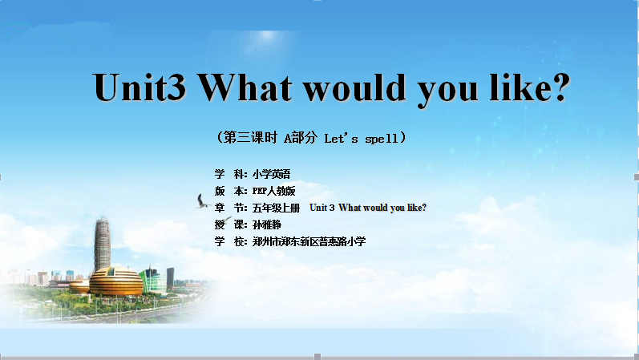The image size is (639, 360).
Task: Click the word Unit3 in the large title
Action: (140, 87)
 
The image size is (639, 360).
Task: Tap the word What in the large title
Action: (245, 87)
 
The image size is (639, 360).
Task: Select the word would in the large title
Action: (355, 87)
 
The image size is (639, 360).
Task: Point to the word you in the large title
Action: (448, 91)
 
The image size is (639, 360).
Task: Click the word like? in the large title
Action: (529, 87)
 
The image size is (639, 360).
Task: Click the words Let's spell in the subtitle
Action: (361, 138)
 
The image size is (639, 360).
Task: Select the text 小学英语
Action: (272, 174)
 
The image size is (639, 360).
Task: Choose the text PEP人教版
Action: (274, 191)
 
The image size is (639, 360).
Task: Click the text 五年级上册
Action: (276, 208)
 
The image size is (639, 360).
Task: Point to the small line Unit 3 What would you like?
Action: (368, 208)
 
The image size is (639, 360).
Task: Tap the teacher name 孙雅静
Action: (267, 224)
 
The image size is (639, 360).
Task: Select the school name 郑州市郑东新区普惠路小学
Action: (309, 241)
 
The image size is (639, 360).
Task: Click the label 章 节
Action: (231, 208)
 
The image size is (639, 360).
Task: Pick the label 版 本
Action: (231, 191)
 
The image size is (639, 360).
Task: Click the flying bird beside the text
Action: (202, 201)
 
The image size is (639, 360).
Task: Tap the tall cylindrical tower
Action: (103, 244)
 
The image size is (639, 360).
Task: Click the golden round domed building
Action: (115, 281)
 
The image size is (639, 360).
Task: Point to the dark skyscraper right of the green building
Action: (170, 277)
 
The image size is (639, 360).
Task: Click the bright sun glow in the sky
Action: (267, 36)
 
